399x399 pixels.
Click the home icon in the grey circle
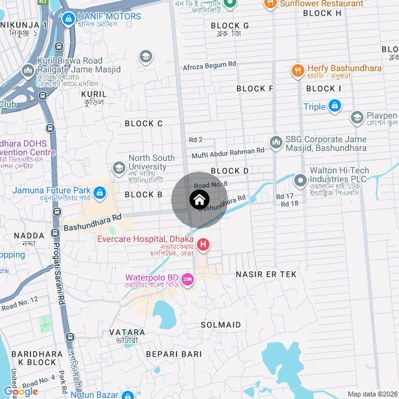pyautogui.click(x=199, y=200)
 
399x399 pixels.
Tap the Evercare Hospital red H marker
pyautogui.click(x=202, y=243)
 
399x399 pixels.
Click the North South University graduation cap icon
pyautogui.click(x=119, y=168)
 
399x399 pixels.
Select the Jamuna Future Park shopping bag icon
pyautogui.click(x=100, y=190)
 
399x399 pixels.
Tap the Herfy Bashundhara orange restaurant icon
pyautogui.click(x=298, y=69)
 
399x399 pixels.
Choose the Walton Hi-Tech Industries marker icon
pyautogui.click(x=301, y=175)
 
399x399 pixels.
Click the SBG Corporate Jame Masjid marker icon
pyautogui.click(x=276, y=143)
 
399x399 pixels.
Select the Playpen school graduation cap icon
pyautogui.click(x=357, y=117)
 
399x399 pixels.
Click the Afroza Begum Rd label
pyautogui.click(x=209, y=65)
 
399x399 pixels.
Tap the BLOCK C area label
pyautogui.click(x=143, y=123)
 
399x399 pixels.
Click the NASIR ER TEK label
pyautogui.click(x=266, y=274)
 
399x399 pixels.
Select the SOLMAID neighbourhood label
pyautogui.click(x=221, y=325)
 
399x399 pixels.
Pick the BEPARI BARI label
pyautogui.click(x=174, y=354)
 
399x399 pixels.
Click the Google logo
pyautogui.click(x=21, y=391)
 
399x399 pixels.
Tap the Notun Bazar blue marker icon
pyautogui.click(x=127, y=395)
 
